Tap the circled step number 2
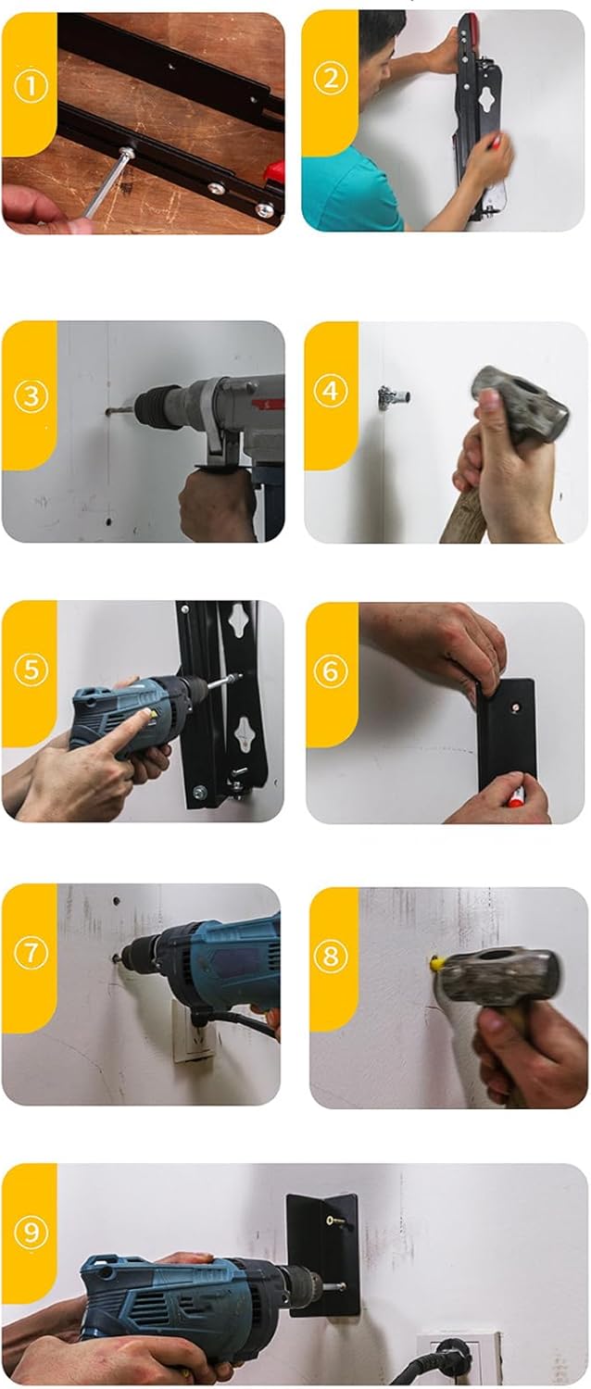pyautogui.click(x=331, y=79)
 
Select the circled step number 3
pyautogui.click(x=31, y=396)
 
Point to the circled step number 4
pyautogui.click(x=330, y=392)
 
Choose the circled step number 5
pyautogui.click(x=31, y=670)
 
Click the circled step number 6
pyautogui.click(x=331, y=671)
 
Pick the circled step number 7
pyautogui.click(x=31, y=953)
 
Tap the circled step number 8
pyautogui.click(x=331, y=956)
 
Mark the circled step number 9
pyautogui.click(x=31, y=1232)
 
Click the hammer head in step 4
pyautogui.click(x=519, y=399)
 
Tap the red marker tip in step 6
pyautogui.click(x=515, y=801)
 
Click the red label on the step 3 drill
pyautogui.click(x=268, y=405)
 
